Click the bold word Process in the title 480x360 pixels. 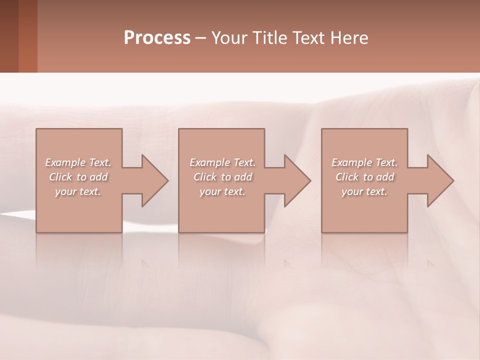tap(157, 38)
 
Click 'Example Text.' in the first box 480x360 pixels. tap(78, 162)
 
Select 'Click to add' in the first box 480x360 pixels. tap(78, 177)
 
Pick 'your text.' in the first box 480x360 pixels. tap(78, 191)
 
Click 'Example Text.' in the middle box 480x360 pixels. tap(222, 162)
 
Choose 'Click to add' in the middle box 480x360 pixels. tap(222, 177)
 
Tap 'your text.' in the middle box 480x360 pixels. tap(222, 191)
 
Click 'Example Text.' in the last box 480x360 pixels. tap(364, 162)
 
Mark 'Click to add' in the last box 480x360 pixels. tap(364, 177)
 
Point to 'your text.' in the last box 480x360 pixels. tap(364, 191)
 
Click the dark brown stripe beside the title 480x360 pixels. tap(9, 36)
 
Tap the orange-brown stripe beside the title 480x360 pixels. tap(28, 36)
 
